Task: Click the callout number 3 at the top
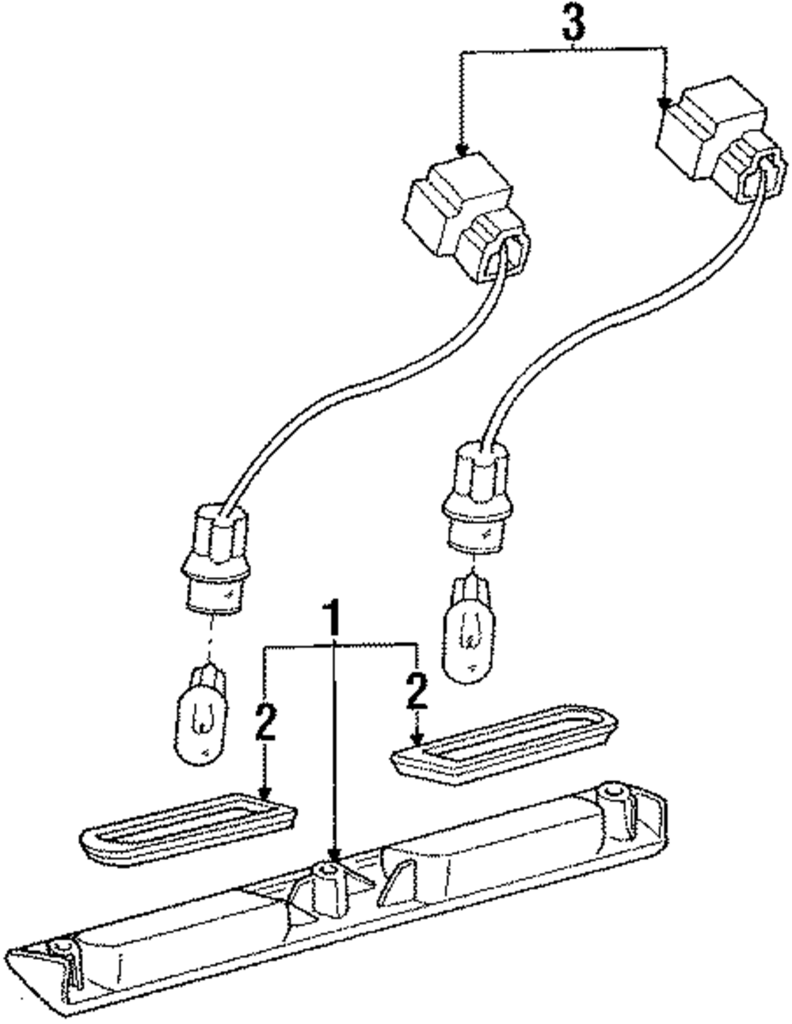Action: pos(573,24)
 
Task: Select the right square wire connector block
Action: pos(717,146)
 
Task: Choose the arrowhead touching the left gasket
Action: pos(265,793)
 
